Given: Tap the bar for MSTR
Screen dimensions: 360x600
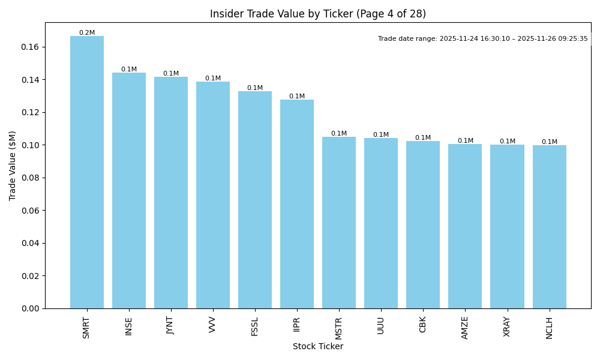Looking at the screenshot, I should (x=339, y=223).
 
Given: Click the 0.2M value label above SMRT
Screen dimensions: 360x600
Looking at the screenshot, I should (x=87, y=33).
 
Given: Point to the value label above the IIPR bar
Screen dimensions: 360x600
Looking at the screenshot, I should (x=297, y=96).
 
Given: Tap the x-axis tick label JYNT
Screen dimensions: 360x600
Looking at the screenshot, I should (x=171, y=326).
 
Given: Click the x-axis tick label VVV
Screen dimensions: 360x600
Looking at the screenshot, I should (x=213, y=324).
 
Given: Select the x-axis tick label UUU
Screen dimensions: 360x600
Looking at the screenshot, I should (x=381, y=325).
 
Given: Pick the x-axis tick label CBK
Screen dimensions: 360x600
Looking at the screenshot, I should (x=423, y=325).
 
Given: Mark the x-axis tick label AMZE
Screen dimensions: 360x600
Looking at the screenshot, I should (x=465, y=328).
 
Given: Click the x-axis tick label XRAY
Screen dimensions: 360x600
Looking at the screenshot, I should (x=507, y=327).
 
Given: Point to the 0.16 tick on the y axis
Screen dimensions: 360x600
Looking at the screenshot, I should (x=30, y=47).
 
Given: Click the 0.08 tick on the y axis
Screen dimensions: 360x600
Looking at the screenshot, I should (x=30, y=178).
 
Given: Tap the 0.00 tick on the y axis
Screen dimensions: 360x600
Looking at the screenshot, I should (x=30, y=308).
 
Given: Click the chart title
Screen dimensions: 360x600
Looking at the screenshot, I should (x=318, y=14).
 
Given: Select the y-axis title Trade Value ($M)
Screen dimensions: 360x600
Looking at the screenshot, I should (x=13, y=165).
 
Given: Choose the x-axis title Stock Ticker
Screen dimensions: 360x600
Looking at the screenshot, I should (x=318, y=347).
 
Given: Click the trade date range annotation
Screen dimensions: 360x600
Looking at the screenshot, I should (x=482, y=39).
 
